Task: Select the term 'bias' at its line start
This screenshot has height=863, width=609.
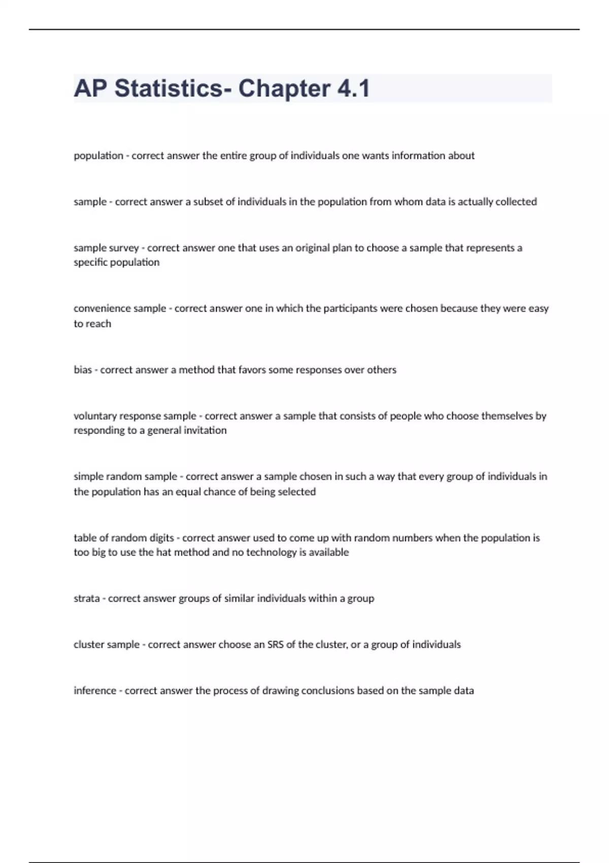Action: pos(83,370)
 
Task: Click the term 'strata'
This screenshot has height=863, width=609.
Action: pos(87,598)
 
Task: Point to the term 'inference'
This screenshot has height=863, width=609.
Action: pos(95,690)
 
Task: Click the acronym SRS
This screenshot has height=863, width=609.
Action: pos(276,644)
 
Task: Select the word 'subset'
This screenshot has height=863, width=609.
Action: pos(208,202)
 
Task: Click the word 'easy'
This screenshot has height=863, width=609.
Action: pos(538,308)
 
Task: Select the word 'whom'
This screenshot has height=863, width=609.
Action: pos(408,202)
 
